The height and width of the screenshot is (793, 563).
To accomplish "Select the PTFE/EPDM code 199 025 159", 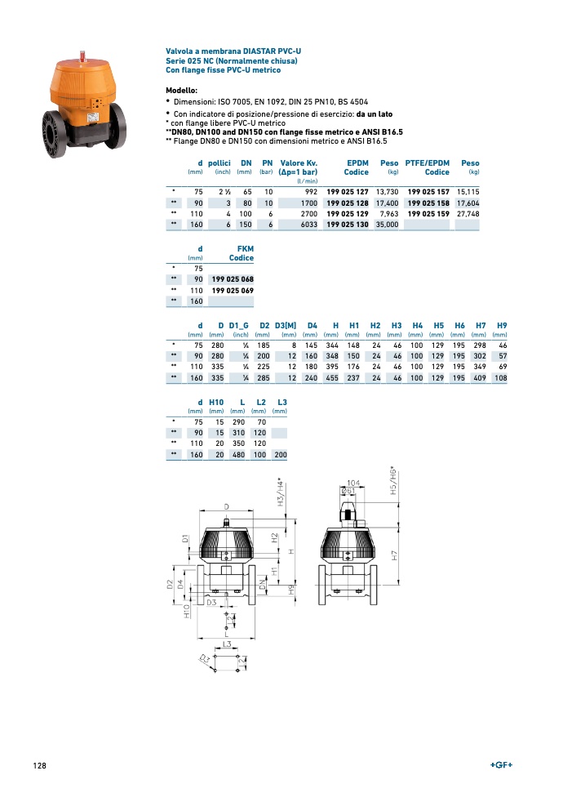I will (x=428, y=213).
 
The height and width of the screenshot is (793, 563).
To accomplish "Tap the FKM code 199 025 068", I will (x=233, y=279).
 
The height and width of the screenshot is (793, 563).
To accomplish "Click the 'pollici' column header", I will (x=219, y=163).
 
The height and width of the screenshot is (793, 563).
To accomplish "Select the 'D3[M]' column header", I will (x=286, y=326).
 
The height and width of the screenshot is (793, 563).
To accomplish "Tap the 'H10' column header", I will (x=216, y=403).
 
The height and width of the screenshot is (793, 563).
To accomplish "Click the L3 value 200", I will (x=281, y=454).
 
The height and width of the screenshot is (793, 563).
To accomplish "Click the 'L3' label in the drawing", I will (x=228, y=644).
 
